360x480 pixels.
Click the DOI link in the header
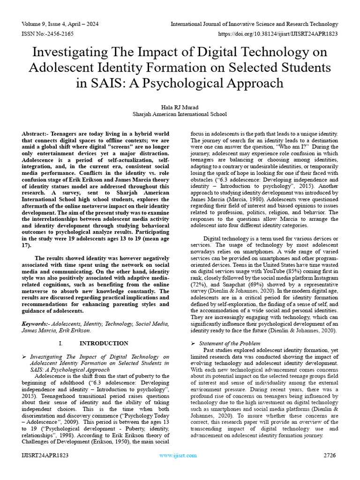(x=278, y=34)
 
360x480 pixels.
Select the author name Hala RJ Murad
(x=180, y=107)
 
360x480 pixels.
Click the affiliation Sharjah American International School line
(x=180, y=114)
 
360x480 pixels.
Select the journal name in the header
(x=254, y=24)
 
